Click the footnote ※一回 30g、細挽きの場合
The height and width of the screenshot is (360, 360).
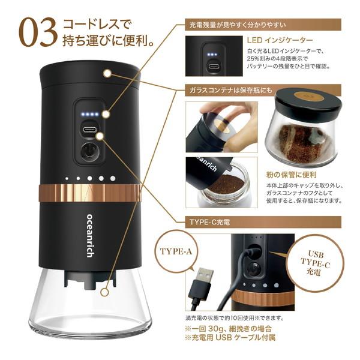click(230, 328)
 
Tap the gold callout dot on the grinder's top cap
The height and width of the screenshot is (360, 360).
click(107, 73)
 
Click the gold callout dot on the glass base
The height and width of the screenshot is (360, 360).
click(106, 293)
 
